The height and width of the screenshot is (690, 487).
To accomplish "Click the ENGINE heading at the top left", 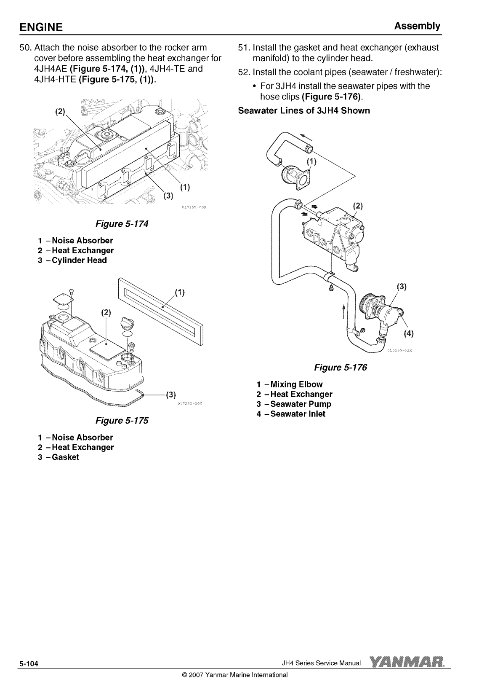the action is (x=41, y=27).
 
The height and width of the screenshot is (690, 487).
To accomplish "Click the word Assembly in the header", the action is (x=417, y=27).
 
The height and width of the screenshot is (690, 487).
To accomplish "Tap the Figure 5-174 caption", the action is (x=122, y=224).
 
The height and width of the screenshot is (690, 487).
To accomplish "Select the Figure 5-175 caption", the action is (x=122, y=421).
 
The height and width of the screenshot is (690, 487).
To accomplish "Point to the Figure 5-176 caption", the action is (x=340, y=367).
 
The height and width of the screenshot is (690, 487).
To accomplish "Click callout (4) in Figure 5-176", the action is (x=409, y=333).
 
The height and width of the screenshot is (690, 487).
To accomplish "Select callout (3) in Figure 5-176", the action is (x=402, y=287).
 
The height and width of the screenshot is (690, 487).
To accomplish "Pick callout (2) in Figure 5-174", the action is (x=60, y=112).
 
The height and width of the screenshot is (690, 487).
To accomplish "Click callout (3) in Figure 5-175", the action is (x=171, y=395).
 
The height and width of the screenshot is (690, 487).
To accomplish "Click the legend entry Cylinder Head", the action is (x=72, y=260).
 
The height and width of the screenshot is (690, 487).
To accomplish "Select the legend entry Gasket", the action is (x=59, y=457).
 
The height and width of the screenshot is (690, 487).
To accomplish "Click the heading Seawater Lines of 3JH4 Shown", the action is (x=304, y=110).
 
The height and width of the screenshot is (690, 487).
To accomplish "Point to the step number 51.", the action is (x=244, y=48).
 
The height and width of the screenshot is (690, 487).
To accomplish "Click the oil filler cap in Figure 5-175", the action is (x=127, y=323).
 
